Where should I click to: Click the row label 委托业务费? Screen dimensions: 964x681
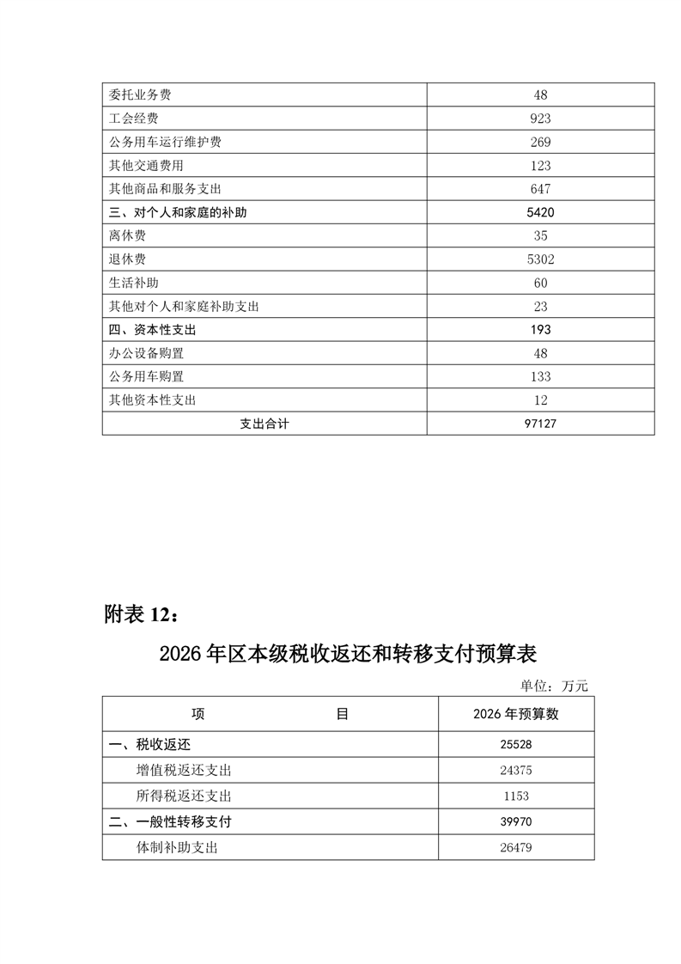(x=141, y=95)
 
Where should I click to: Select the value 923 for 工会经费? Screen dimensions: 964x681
(x=540, y=119)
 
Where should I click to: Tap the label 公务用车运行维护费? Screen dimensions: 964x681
(x=166, y=142)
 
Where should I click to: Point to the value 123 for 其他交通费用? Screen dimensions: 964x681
(x=540, y=166)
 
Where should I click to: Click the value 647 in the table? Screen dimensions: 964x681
(x=540, y=189)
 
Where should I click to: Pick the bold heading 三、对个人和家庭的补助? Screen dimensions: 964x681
(x=178, y=212)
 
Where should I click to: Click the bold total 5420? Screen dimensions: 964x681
(x=540, y=212)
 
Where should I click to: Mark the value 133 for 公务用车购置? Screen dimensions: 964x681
(x=540, y=376)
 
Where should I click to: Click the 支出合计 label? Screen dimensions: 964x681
(x=264, y=424)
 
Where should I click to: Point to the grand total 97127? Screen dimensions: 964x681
(x=540, y=424)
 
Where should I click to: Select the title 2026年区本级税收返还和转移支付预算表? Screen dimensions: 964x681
(x=348, y=655)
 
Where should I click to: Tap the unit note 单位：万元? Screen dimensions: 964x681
(x=554, y=686)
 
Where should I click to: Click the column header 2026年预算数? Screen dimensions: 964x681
(x=515, y=714)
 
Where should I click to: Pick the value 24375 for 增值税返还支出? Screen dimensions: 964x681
(x=515, y=771)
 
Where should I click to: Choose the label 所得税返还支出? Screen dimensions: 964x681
(x=184, y=796)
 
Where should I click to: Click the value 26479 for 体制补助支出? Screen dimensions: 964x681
(x=515, y=848)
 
